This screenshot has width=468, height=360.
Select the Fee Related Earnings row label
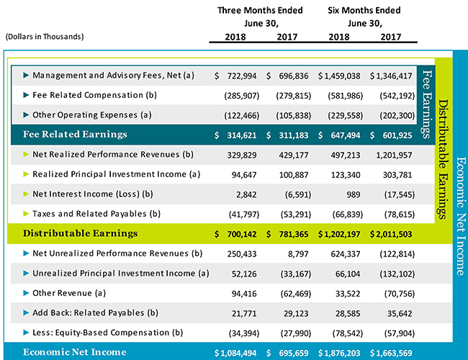point(75,134)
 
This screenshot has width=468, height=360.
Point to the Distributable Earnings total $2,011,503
point(392,233)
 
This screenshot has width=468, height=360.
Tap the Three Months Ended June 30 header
point(260,17)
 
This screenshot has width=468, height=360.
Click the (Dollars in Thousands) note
point(44,36)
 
